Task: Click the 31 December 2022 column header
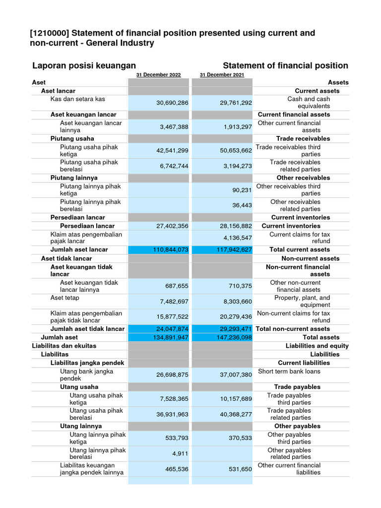tap(158, 75)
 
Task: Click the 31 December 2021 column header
tap(222, 75)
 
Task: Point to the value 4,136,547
tap(236, 238)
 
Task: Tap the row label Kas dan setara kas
tap(77, 99)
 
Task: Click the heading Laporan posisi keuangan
tap(84, 66)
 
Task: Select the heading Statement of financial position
tap(285, 66)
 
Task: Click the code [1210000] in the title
tap(50, 33)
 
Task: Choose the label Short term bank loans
tap(289, 372)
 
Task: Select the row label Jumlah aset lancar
tap(79, 250)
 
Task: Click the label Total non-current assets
tap(292, 329)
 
